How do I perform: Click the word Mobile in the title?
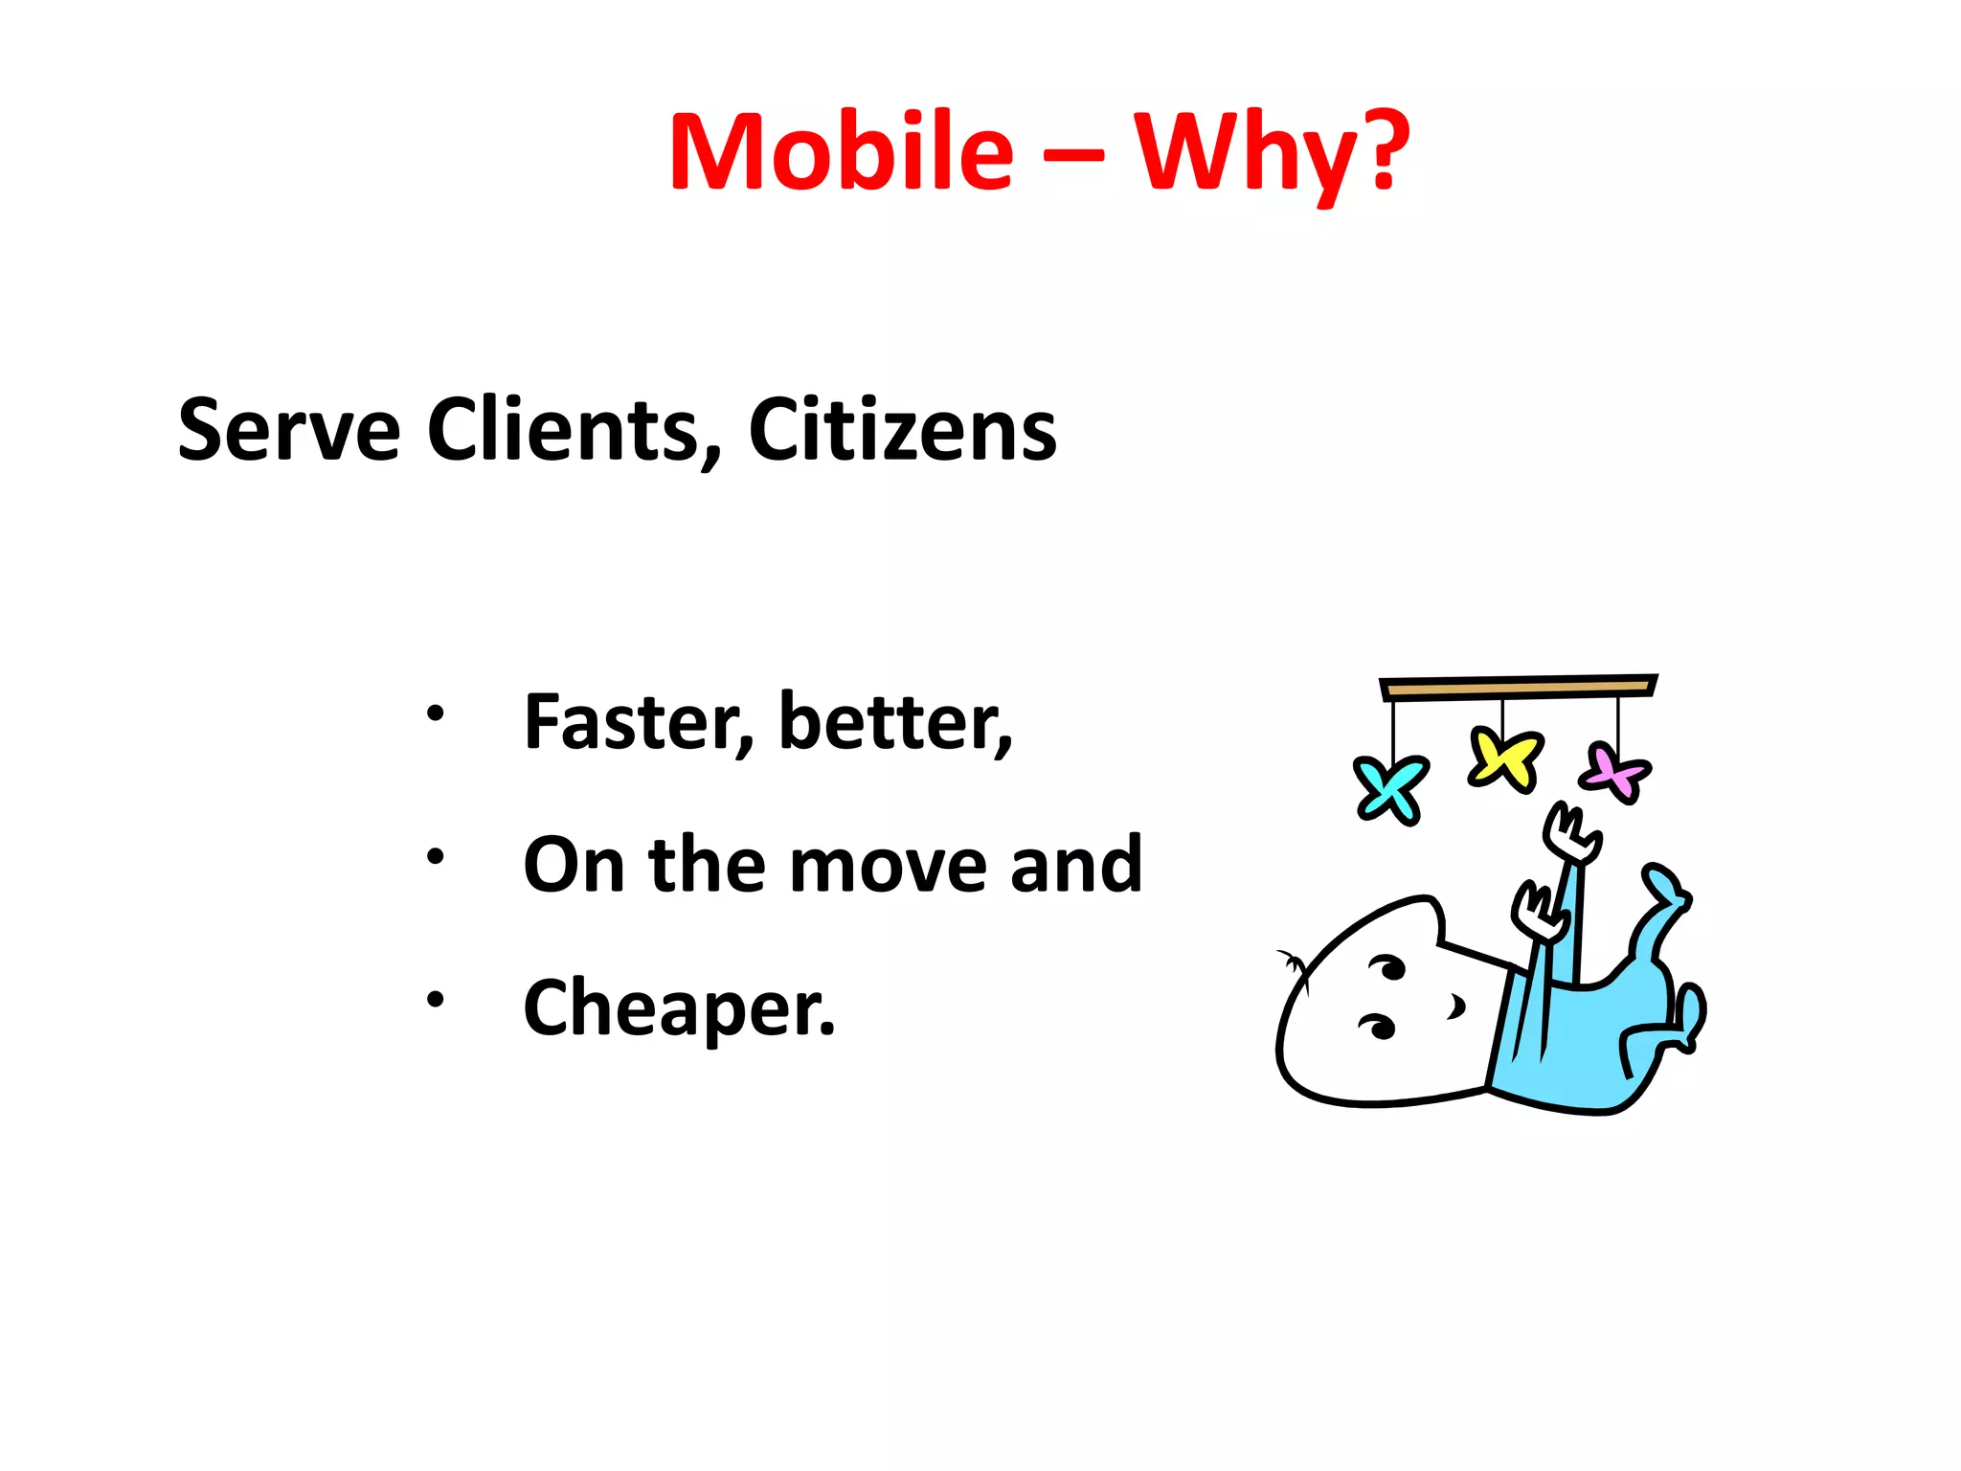pyautogui.click(x=841, y=152)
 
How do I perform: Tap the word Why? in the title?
pyautogui.click(x=1272, y=152)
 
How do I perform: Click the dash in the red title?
pyautogui.click(x=1073, y=153)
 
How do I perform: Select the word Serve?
pyautogui.click(x=288, y=430)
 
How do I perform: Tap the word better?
pyautogui.click(x=895, y=722)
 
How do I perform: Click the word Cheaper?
pyautogui.click(x=679, y=1007)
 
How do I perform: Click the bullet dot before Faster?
pyautogui.click(x=436, y=713)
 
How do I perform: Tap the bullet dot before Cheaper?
pyautogui.click(x=436, y=1000)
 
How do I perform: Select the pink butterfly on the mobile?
pyautogui.click(x=1615, y=772)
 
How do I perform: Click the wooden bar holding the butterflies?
pyautogui.click(x=1518, y=687)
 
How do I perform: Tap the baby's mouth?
pyautogui.click(x=1456, y=1007)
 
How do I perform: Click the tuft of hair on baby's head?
pyautogui.click(x=1294, y=965)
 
